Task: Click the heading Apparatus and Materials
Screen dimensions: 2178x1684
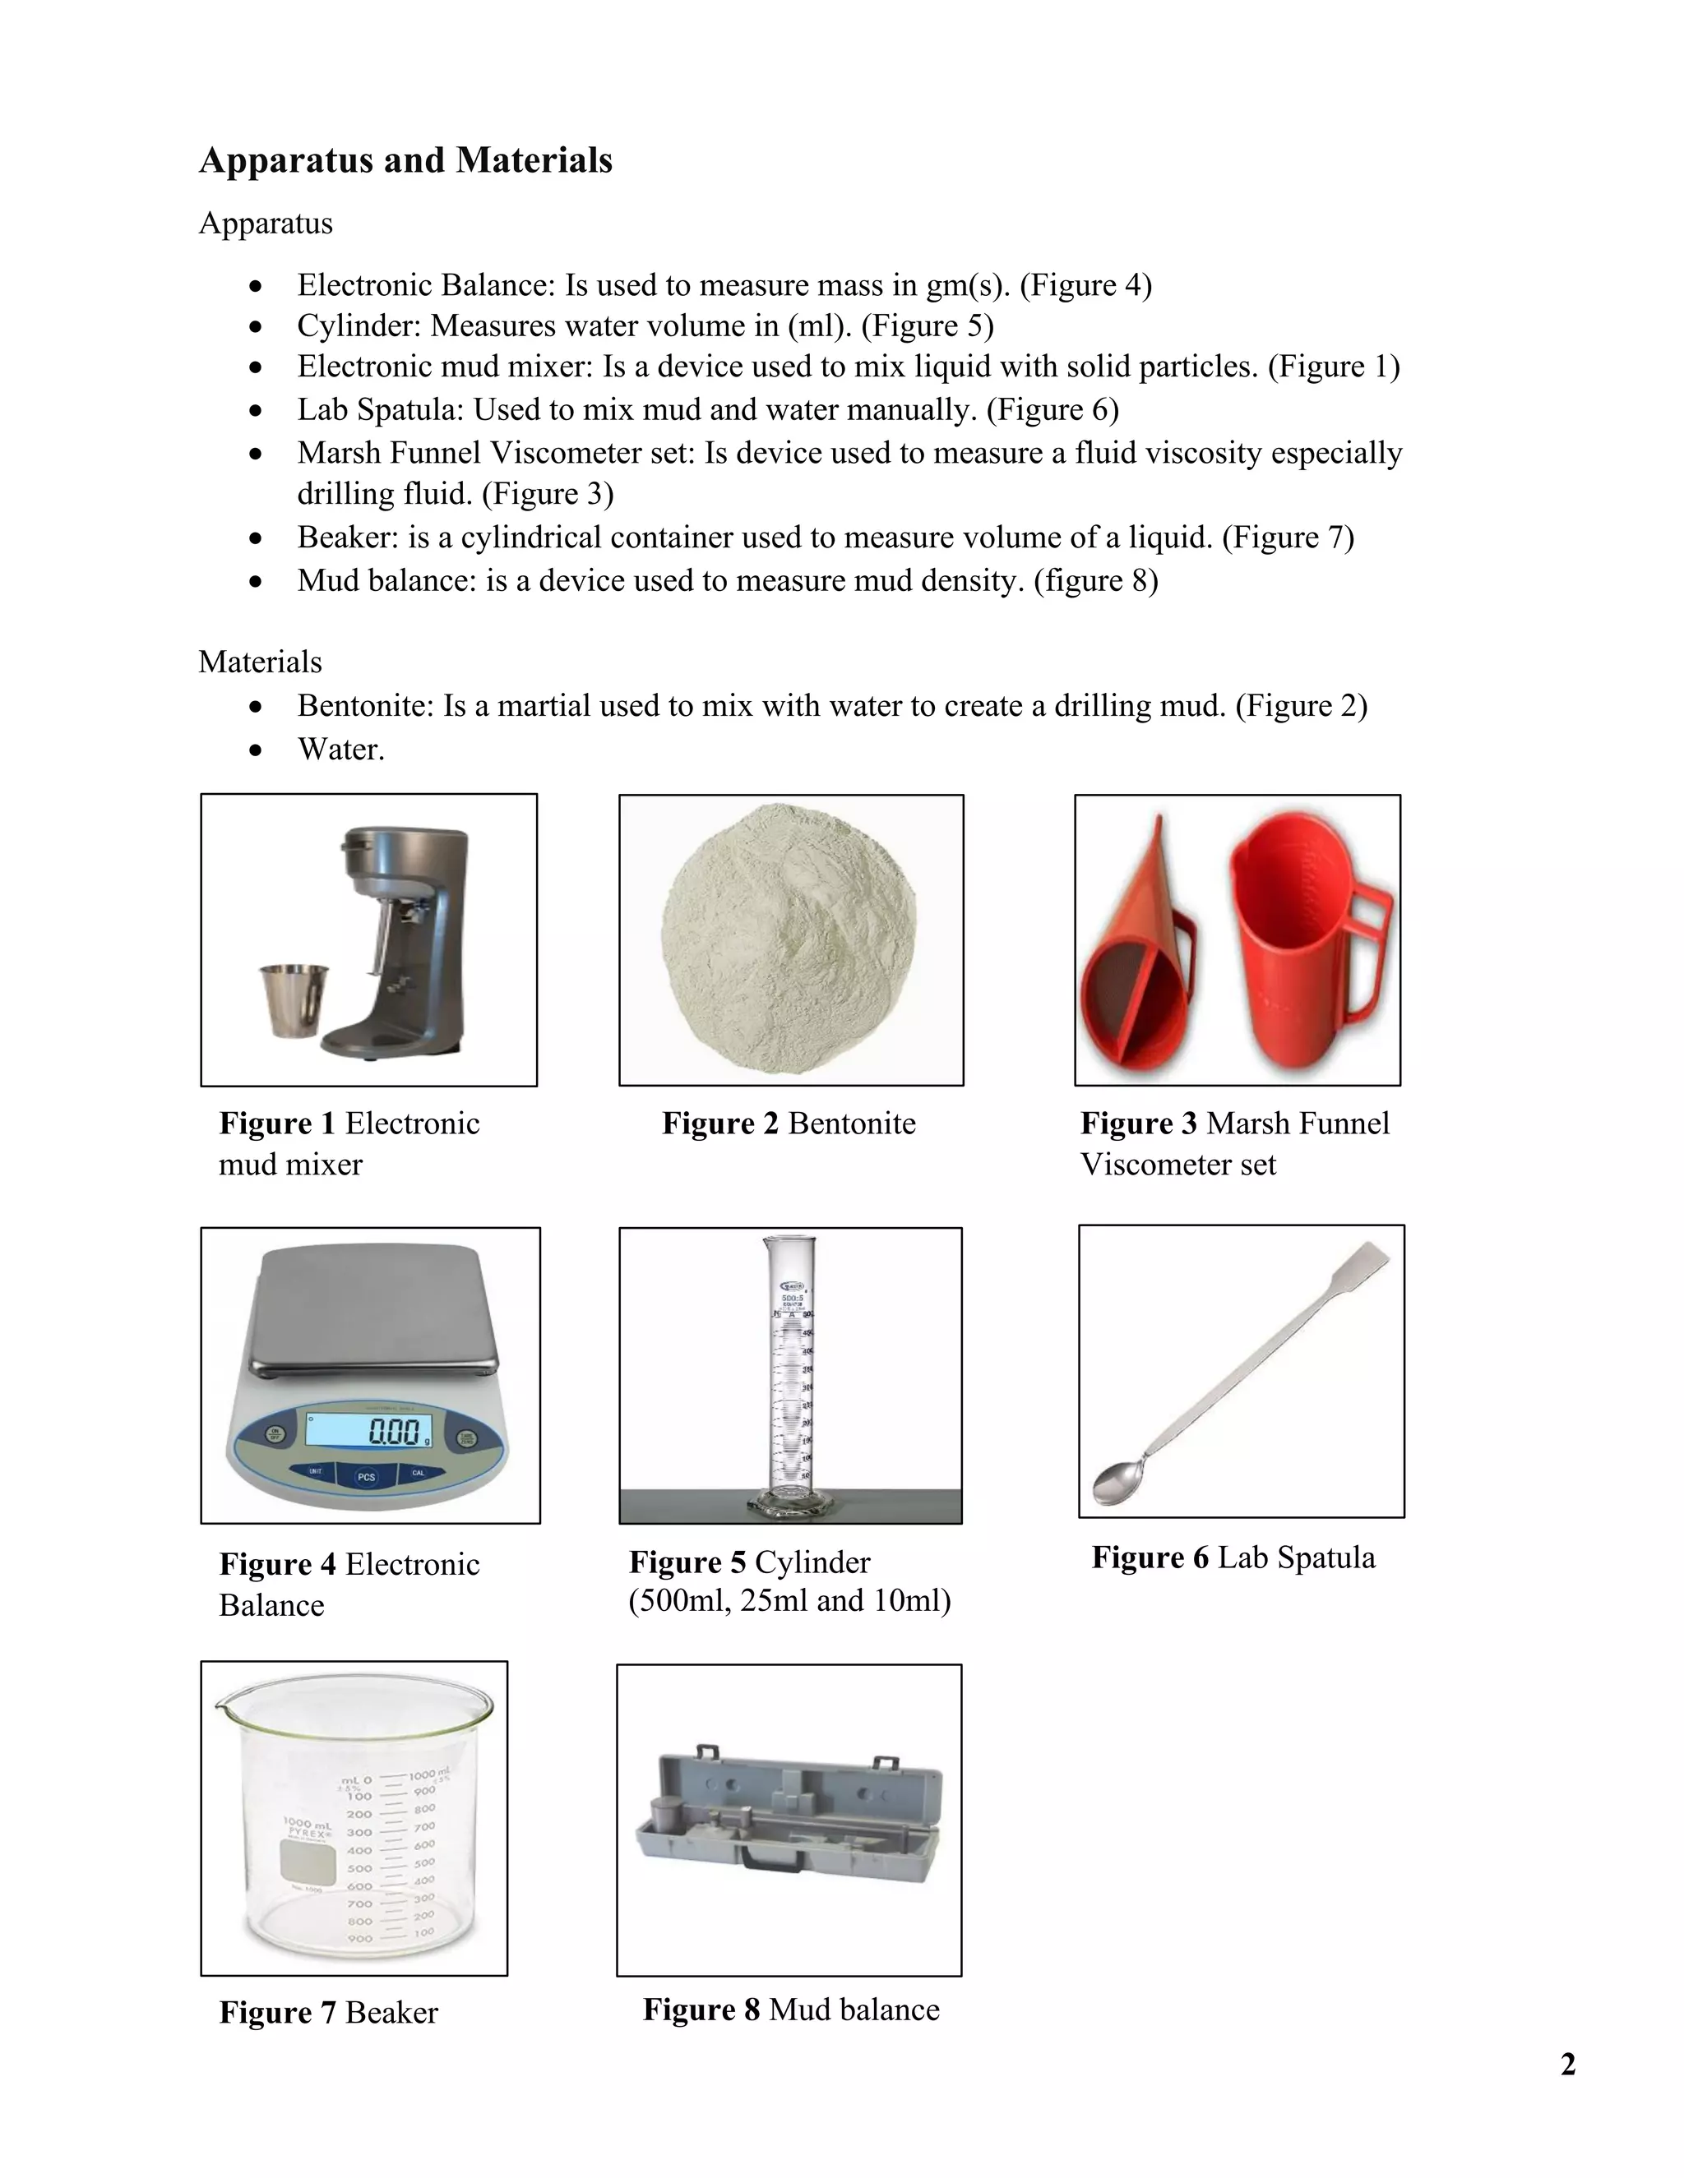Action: [x=405, y=160]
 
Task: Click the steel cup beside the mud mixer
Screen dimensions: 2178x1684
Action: [x=294, y=1000]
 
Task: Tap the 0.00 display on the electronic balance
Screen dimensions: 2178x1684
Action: [x=393, y=1433]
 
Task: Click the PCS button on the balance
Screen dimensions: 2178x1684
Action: [x=366, y=1476]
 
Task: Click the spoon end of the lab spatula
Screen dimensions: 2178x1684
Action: [x=1115, y=1479]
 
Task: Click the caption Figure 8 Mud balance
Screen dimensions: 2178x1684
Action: [x=790, y=2009]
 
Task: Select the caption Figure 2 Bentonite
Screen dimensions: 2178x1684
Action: [x=788, y=1123]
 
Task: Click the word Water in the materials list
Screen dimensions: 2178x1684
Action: [x=340, y=749]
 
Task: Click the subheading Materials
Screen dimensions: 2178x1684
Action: [x=261, y=662]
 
